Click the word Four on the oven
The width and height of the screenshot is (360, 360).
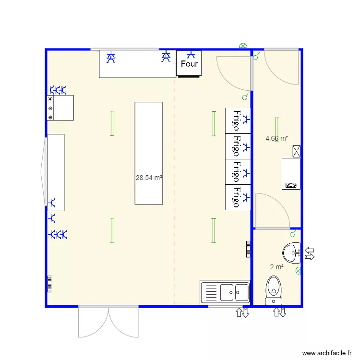click(189, 64)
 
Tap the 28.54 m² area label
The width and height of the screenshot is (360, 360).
click(149, 178)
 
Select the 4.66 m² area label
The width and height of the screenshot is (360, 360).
click(276, 138)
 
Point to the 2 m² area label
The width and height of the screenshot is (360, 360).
click(276, 267)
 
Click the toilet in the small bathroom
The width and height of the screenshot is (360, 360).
click(274, 290)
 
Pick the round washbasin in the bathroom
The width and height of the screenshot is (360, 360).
click(291, 253)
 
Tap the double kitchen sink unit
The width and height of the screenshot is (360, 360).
click(225, 292)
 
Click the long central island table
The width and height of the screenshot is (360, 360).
click(149, 153)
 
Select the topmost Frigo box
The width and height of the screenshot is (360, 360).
click(238, 120)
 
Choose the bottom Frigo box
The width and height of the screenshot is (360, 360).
click(238, 197)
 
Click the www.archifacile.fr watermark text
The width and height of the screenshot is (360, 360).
click(327, 353)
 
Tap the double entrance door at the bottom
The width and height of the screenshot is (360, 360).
click(108, 322)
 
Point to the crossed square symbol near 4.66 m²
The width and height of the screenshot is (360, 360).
click(297, 151)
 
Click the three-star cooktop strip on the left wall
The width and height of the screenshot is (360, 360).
click(50, 108)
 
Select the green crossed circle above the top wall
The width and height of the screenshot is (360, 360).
click(243, 46)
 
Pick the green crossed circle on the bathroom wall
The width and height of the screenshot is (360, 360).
click(298, 271)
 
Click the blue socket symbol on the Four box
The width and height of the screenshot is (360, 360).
click(191, 55)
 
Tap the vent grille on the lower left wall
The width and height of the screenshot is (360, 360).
click(49, 284)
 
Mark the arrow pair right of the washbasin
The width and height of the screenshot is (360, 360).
click(310, 253)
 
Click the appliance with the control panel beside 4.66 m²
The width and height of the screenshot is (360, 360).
click(291, 174)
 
